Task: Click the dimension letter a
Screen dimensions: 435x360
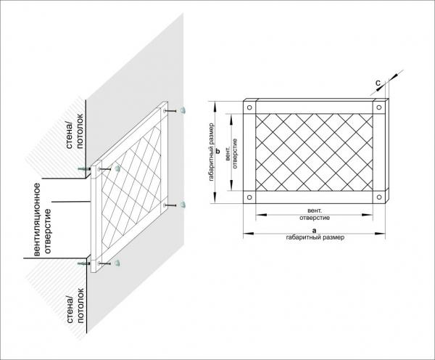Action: click(314, 230)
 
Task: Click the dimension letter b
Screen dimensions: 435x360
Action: click(217, 152)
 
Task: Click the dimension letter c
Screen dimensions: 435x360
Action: click(378, 83)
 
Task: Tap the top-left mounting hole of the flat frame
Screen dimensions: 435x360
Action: click(249, 107)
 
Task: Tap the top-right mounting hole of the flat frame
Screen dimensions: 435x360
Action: click(379, 107)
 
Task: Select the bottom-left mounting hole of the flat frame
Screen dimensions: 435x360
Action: click(249, 197)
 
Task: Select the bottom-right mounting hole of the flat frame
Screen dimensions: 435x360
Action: click(379, 197)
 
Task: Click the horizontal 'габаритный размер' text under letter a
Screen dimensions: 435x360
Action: click(315, 238)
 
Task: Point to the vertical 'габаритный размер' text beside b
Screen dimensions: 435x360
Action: click(212, 152)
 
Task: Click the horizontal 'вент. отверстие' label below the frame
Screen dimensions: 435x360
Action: click(315, 214)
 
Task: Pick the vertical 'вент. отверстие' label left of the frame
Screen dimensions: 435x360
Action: click(232, 153)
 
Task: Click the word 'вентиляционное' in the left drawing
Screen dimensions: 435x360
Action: click(37, 219)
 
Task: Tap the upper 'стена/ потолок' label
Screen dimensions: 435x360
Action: click(75, 131)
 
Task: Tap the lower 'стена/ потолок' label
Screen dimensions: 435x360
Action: click(75, 306)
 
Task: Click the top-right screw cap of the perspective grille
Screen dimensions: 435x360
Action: click(183, 110)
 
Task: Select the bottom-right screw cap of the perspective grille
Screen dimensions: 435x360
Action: click(183, 205)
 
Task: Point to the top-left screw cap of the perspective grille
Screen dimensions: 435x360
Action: click(117, 168)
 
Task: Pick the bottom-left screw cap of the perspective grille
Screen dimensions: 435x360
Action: click(117, 263)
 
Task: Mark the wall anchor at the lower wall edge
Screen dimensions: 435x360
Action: click(83, 263)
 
